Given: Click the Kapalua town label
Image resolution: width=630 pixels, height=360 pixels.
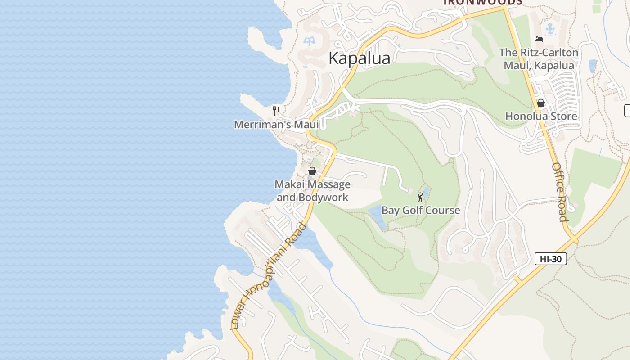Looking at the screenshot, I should pos(359,58).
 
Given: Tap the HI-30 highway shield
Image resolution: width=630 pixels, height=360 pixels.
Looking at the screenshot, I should pos(550,259).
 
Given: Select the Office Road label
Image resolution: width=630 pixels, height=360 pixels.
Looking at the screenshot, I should pos(560,192).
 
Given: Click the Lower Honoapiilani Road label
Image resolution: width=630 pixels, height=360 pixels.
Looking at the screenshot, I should pos(268,276).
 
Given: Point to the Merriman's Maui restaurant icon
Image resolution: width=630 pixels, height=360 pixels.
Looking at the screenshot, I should pos(276,111).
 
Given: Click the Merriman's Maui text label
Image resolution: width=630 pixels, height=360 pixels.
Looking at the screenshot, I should pos(276,125).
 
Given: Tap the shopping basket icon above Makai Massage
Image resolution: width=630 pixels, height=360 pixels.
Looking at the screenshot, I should pos(312,171).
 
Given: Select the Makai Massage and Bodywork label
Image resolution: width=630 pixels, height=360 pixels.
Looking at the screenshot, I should pos(312,191).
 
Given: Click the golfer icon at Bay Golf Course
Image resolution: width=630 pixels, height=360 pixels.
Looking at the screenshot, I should pos(420,197).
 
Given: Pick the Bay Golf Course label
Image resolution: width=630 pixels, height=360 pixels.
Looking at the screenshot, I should pos(421,210).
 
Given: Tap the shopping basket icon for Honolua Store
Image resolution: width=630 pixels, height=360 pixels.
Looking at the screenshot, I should pos(541,103).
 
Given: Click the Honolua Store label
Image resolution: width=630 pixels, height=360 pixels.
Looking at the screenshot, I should pos(541,116).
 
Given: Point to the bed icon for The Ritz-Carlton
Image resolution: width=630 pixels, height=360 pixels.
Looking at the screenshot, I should pos(538,39).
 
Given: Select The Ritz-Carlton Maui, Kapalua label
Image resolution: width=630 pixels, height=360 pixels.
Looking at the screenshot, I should pos(539,59).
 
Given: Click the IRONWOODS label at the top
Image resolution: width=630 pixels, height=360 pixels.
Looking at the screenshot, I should pos(482,2).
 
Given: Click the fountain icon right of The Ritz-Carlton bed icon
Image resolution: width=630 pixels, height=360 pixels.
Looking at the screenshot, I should pos(550,29).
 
